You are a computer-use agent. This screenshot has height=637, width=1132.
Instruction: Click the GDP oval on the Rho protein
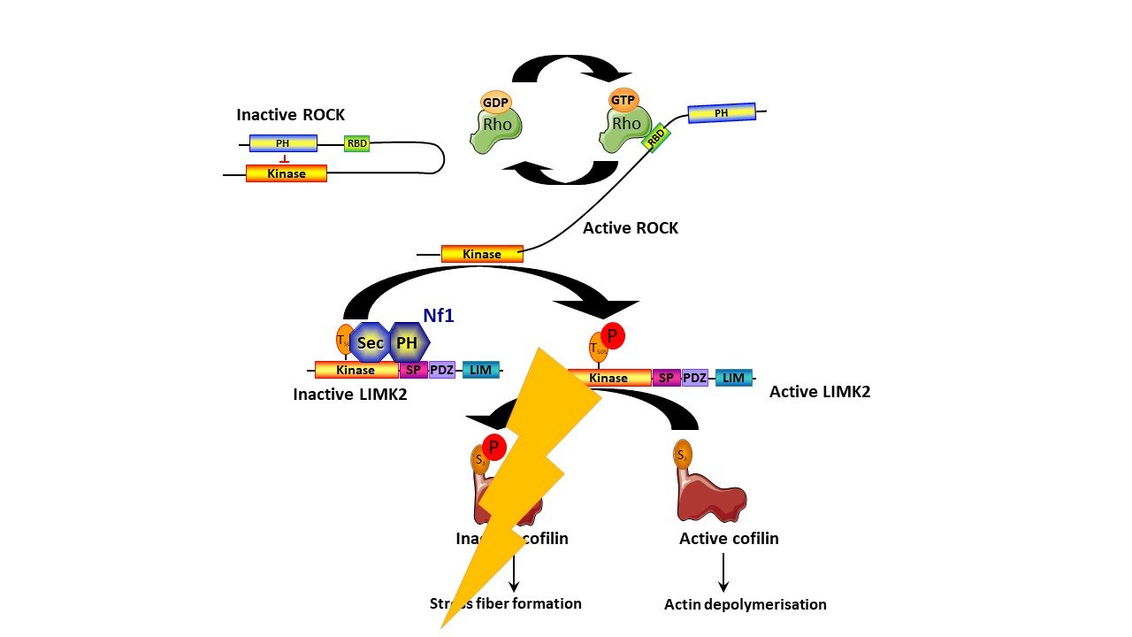coord(497,102)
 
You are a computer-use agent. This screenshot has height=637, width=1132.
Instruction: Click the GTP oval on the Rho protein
coord(623,101)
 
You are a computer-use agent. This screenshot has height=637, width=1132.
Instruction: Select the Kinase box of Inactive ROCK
coord(286,173)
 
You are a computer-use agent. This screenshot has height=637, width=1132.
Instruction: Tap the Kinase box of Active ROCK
coord(482,254)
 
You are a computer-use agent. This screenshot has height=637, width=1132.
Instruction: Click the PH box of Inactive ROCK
coord(283,143)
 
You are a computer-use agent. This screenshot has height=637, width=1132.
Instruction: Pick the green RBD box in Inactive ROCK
coord(356,143)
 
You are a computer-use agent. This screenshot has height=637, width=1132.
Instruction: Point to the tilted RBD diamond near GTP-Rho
coord(657,137)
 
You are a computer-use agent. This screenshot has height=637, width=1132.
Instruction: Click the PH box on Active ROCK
coord(722,112)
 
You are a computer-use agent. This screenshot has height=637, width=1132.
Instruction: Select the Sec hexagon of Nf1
coord(371,342)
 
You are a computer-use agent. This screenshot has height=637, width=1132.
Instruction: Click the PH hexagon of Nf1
coord(407,342)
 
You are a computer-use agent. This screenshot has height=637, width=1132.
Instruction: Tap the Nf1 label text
coord(438,314)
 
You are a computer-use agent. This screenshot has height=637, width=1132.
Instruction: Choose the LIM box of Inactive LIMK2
coord(480,370)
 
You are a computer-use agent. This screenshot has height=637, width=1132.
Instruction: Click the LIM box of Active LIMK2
coord(733,378)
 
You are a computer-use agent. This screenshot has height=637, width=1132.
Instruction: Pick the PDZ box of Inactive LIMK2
coord(442,370)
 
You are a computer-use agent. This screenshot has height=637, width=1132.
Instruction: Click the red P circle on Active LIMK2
coord(613,336)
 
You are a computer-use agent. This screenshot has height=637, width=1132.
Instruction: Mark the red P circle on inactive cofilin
coord(493,448)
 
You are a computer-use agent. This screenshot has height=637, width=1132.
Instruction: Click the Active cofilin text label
coord(729,538)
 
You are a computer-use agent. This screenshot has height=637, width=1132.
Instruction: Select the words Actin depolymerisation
coord(746,605)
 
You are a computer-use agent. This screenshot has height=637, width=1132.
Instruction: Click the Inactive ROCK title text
coord(290,115)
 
